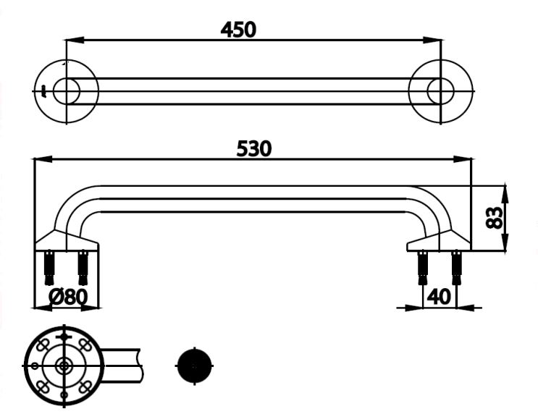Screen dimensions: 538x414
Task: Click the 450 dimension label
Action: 238,30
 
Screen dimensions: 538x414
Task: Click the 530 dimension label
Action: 254,149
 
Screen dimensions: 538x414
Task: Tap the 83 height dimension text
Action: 494,217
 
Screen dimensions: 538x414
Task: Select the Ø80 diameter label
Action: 68,297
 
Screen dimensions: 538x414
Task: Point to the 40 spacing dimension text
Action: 440,297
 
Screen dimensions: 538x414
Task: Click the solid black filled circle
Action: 194,366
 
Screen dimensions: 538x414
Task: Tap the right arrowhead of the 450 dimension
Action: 433,40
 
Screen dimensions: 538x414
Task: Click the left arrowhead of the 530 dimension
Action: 43,159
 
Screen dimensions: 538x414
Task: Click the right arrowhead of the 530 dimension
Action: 463,159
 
